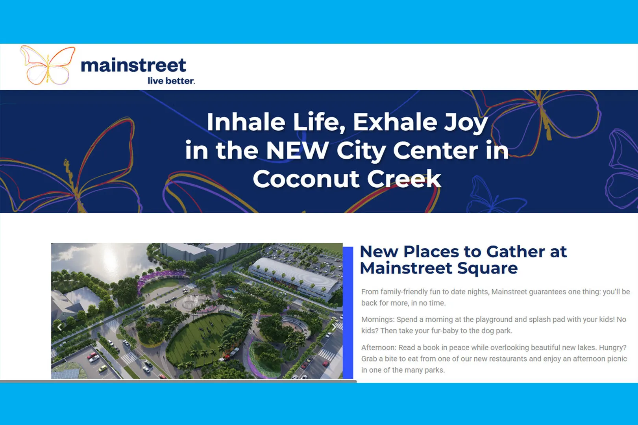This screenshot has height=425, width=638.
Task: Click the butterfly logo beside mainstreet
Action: (x=48, y=65)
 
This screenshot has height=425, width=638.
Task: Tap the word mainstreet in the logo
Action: (x=133, y=65)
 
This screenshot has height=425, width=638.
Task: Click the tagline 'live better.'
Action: (x=171, y=81)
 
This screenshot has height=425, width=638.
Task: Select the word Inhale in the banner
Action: (x=246, y=122)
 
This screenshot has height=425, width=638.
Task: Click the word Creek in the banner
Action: (x=404, y=179)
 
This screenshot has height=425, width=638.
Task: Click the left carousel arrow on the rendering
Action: (x=59, y=327)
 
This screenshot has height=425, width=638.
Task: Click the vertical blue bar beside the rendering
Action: (x=348, y=312)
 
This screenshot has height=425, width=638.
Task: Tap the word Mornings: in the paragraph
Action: (x=378, y=320)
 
